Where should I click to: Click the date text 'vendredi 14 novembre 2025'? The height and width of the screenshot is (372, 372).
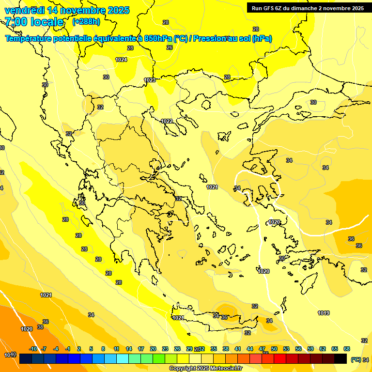point(67,10)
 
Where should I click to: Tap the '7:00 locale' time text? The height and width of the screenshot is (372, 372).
point(34,22)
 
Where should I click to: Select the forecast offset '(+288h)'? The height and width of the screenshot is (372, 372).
point(86,22)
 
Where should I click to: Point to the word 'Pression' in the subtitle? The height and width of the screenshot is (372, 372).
point(208,39)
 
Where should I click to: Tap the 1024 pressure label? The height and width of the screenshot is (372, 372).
point(121,60)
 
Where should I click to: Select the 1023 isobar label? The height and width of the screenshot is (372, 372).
point(150,80)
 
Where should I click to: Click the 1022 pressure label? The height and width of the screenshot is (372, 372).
point(167,121)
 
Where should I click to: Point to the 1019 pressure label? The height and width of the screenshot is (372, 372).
point(324,313)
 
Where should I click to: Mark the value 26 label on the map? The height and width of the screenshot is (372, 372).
point(170,47)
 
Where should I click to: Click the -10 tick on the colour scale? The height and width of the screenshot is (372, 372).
point(33,349)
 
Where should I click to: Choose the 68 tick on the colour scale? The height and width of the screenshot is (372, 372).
point(346,349)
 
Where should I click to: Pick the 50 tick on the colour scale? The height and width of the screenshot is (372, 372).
point(274,349)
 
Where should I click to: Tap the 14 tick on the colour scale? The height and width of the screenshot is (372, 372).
point(129,349)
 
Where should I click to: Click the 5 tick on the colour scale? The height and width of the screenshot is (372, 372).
point(91,349)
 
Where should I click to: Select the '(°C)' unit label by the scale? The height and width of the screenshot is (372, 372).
point(356,359)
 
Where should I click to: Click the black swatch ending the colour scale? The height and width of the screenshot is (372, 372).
point(341,359)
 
